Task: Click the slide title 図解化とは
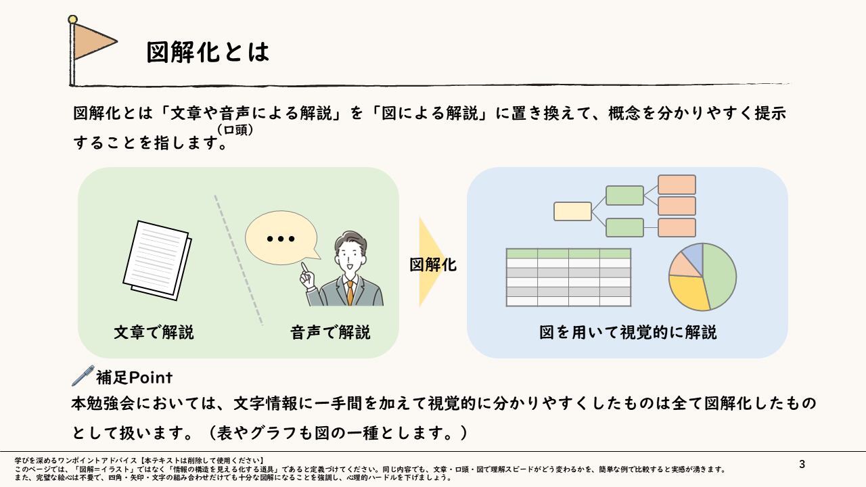(x=208, y=52)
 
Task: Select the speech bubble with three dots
(x=281, y=239)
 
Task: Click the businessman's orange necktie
(x=350, y=292)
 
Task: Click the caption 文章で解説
(x=154, y=333)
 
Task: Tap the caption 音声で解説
(x=330, y=333)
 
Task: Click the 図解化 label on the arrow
(x=433, y=264)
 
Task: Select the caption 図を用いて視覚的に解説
(x=628, y=333)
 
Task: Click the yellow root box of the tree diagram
(x=572, y=212)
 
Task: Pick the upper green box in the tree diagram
(x=624, y=195)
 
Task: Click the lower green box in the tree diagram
(x=624, y=227)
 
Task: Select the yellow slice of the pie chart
(x=689, y=293)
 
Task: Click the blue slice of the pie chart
(x=693, y=254)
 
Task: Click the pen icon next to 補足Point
(x=82, y=375)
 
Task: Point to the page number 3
(x=802, y=464)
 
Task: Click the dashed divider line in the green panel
(x=239, y=260)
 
